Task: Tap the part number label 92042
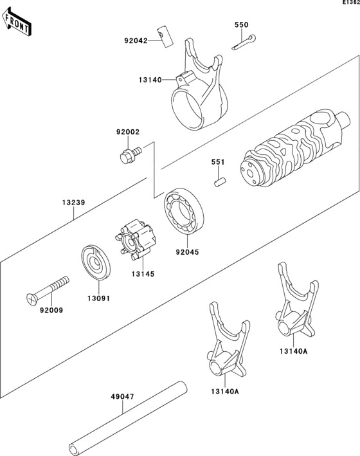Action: tap(136, 40)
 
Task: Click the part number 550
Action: tap(241, 24)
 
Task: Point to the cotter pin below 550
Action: tap(245, 43)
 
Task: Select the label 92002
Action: tap(127, 132)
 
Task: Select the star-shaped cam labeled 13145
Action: tap(136, 242)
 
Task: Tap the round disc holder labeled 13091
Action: tap(96, 264)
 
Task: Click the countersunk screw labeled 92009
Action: tap(49, 289)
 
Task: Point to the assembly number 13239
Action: tap(75, 202)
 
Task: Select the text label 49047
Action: tap(122, 397)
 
